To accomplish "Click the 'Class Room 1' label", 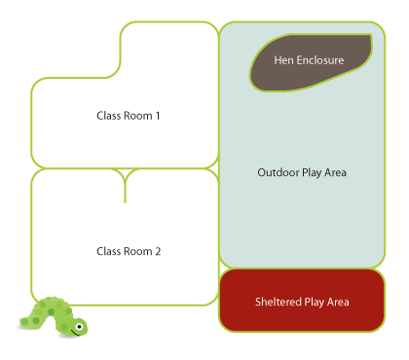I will tap(128, 116).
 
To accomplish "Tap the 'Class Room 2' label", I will tap(128, 251).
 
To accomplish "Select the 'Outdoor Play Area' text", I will tap(302, 173).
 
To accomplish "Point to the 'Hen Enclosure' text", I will tap(309, 60).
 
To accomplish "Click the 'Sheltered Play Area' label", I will tap(302, 303).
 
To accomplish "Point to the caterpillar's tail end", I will tap(24, 322).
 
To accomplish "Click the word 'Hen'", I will tap(283, 60).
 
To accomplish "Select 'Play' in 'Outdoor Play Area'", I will tap(312, 173).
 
